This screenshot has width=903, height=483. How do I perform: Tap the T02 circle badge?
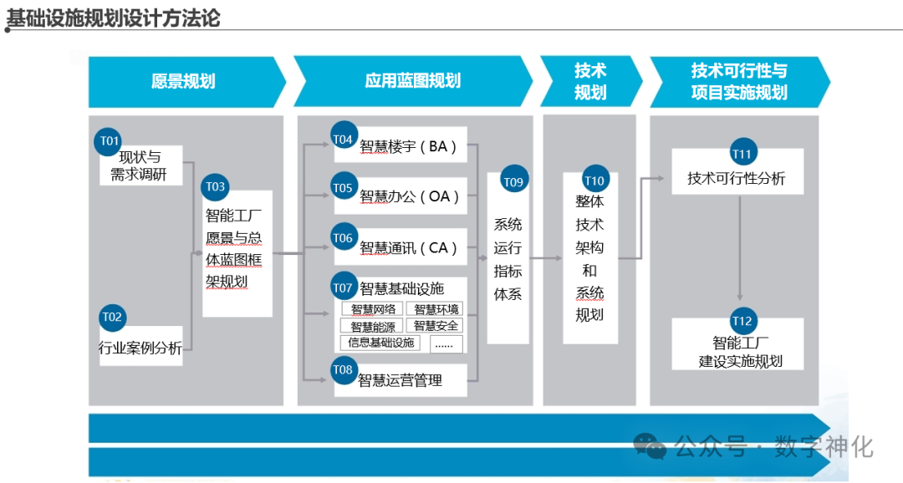[x=112, y=317]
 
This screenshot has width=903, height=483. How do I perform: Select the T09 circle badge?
[x=513, y=181]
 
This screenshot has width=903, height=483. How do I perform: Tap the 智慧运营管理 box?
[x=400, y=381]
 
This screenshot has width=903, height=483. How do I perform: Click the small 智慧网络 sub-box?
[x=373, y=309]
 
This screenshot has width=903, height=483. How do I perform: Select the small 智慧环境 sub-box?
[x=436, y=309]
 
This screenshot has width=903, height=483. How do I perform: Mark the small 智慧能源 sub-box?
[x=373, y=326]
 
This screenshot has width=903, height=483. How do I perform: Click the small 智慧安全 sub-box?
[x=436, y=326]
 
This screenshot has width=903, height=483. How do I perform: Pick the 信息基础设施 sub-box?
[x=381, y=343]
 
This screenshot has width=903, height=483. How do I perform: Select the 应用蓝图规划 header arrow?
[x=412, y=81]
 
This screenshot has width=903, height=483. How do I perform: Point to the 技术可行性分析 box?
[x=737, y=178]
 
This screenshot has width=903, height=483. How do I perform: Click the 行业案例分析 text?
[x=140, y=348]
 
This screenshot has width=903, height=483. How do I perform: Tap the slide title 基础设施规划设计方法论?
[x=114, y=17]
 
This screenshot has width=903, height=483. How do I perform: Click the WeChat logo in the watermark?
[x=650, y=445]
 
